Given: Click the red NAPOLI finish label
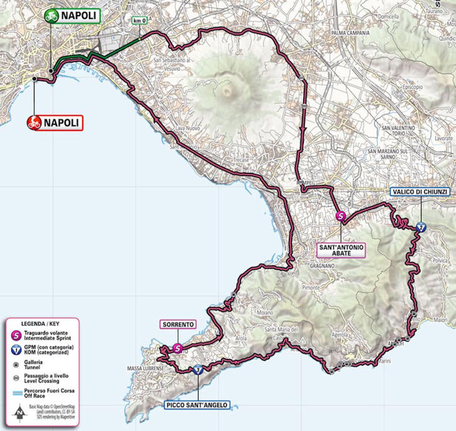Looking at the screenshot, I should tap(55, 123).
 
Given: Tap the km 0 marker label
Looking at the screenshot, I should tap(139, 21).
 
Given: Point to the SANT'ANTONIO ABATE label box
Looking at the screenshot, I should tap(341, 250).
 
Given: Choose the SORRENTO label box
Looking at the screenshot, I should tap(178, 324).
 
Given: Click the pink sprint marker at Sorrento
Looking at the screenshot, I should tap(178, 348).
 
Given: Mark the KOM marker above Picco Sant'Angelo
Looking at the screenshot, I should tap(197, 370).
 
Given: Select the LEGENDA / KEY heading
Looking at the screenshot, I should tap(42, 323).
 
